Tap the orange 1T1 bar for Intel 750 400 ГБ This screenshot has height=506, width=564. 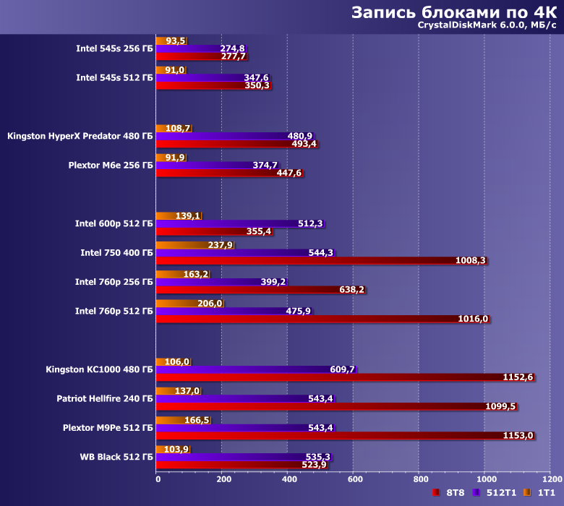tap(181, 245)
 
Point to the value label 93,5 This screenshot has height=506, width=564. tap(176, 41)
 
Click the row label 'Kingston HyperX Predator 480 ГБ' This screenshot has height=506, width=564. tap(80, 136)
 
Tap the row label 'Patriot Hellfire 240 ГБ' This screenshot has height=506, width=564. tap(105, 398)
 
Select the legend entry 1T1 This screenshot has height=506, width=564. tap(538, 493)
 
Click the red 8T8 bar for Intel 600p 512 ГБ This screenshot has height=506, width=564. tap(202, 231)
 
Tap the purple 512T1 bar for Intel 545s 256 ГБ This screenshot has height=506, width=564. tap(188, 48)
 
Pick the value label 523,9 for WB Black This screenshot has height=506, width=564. tap(313, 465)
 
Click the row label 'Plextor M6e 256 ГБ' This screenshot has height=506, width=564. tap(111, 165)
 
